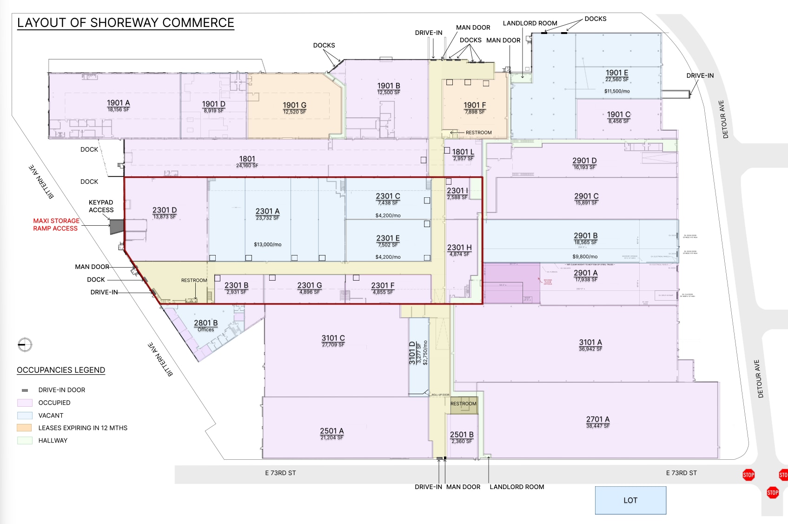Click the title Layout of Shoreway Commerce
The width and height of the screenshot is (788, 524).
click(x=126, y=23)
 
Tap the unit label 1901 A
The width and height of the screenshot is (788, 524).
click(x=119, y=103)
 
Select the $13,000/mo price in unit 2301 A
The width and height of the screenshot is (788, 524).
click(x=267, y=244)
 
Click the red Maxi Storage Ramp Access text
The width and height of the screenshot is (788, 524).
click(x=56, y=224)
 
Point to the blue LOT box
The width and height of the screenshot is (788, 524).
click(x=630, y=500)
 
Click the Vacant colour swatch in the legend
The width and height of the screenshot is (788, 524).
click(x=25, y=416)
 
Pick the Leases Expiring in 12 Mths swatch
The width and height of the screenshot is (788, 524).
click(x=25, y=428)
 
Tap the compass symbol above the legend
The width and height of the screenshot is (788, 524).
click(x=25, y=345)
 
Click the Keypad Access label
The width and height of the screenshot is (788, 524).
click(x=101, y=206)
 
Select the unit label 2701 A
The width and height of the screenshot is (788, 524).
click(x=597, y=420)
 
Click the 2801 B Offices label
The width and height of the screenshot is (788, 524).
click(x=205, y=325)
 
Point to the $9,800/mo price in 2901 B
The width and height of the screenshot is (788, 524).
click(x=585, y=256)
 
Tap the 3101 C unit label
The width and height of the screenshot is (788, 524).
click(x=333, y=338)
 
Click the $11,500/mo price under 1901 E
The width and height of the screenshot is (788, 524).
click(x=617, y=91)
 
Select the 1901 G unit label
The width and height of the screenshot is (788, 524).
click(x=294, y=106)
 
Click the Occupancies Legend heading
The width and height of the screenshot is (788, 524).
click(x=61, y=370)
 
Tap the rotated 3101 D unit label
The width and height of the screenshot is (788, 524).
click(x=412, y=353)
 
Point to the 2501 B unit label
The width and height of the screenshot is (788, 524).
click(x=462, y=435)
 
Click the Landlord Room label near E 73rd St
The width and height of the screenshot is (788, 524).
click(x=517, y=487)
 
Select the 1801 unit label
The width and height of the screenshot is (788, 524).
click(x=247, y=159)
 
